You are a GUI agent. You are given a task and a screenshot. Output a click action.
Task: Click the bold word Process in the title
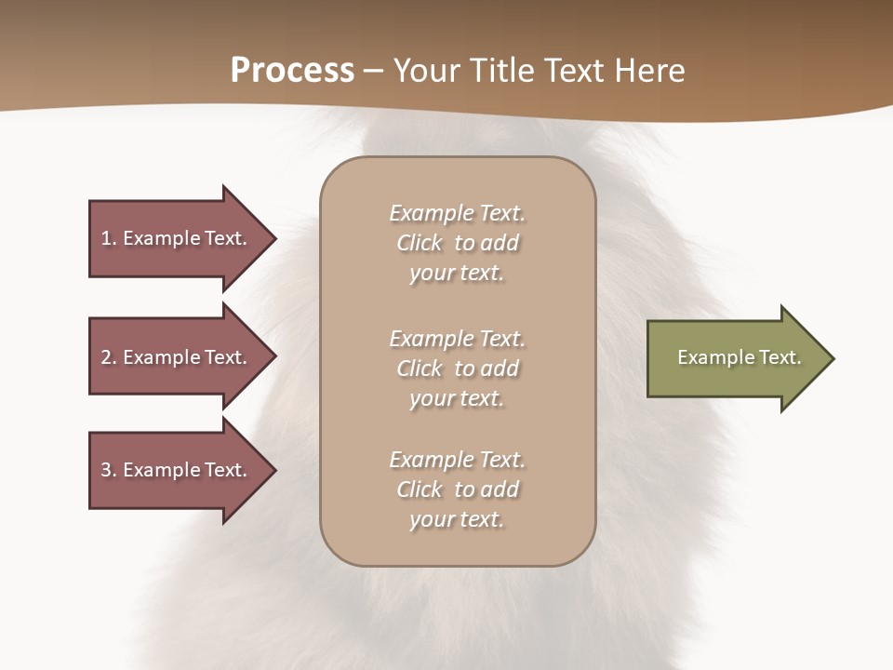coord(292,71)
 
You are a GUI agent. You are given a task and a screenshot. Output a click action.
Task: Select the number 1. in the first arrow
coord(109,238)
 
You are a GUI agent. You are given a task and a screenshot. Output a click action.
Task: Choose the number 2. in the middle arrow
coord(109,357)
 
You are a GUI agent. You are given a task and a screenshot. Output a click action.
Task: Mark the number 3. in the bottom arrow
coord(109,470)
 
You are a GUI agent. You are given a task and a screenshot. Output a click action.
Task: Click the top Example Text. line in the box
coord(457,213)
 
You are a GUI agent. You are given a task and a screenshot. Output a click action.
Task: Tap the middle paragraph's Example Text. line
coord(457,339)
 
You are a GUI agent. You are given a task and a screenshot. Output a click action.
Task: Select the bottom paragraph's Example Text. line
coord(457,460)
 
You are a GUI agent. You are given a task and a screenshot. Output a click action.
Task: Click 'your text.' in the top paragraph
coord(457,274)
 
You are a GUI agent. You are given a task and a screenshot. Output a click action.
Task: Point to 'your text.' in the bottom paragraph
coord(457,519)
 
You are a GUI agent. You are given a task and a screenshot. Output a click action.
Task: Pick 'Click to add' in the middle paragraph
coord(457,368)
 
